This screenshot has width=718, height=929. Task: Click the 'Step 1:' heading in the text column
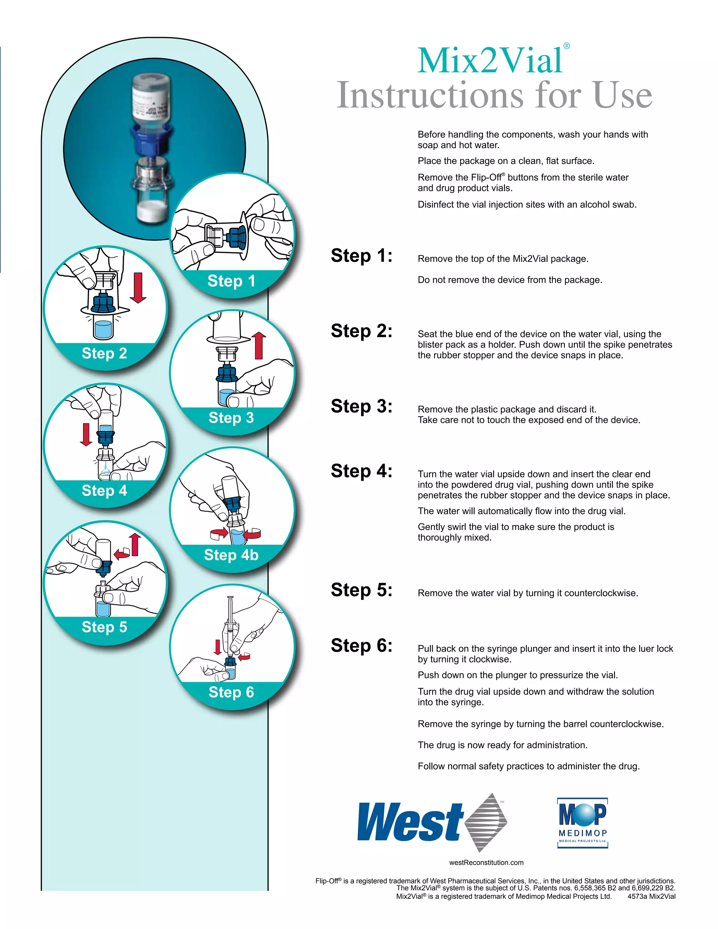[361, 256]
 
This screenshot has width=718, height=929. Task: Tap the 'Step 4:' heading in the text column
[361, 471]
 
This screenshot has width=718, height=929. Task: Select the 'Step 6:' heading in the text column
[361, 646]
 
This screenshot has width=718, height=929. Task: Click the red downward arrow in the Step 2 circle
[138, 287]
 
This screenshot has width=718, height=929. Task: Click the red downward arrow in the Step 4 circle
[86, 434]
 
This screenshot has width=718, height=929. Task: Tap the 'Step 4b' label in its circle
[231, 555]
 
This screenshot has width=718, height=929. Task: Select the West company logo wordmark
[409, 822]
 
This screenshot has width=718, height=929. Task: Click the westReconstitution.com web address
[486, 863]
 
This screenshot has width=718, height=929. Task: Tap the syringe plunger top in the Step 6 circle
[230, 598]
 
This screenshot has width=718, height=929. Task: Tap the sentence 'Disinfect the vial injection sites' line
[527, 205]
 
